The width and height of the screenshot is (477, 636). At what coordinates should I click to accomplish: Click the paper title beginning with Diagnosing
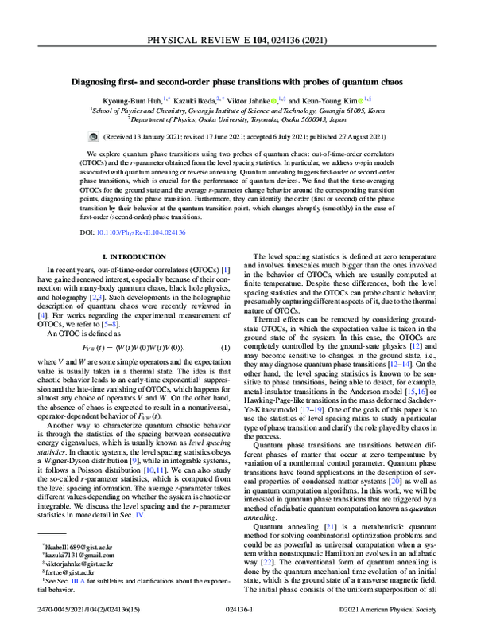pos(238,82)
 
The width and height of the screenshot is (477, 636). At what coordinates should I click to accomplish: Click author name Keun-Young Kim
pos(326,101)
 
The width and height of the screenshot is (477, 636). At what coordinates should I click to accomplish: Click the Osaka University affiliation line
pos(238,121)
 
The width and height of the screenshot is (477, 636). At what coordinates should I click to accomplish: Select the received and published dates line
pos(238,137)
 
